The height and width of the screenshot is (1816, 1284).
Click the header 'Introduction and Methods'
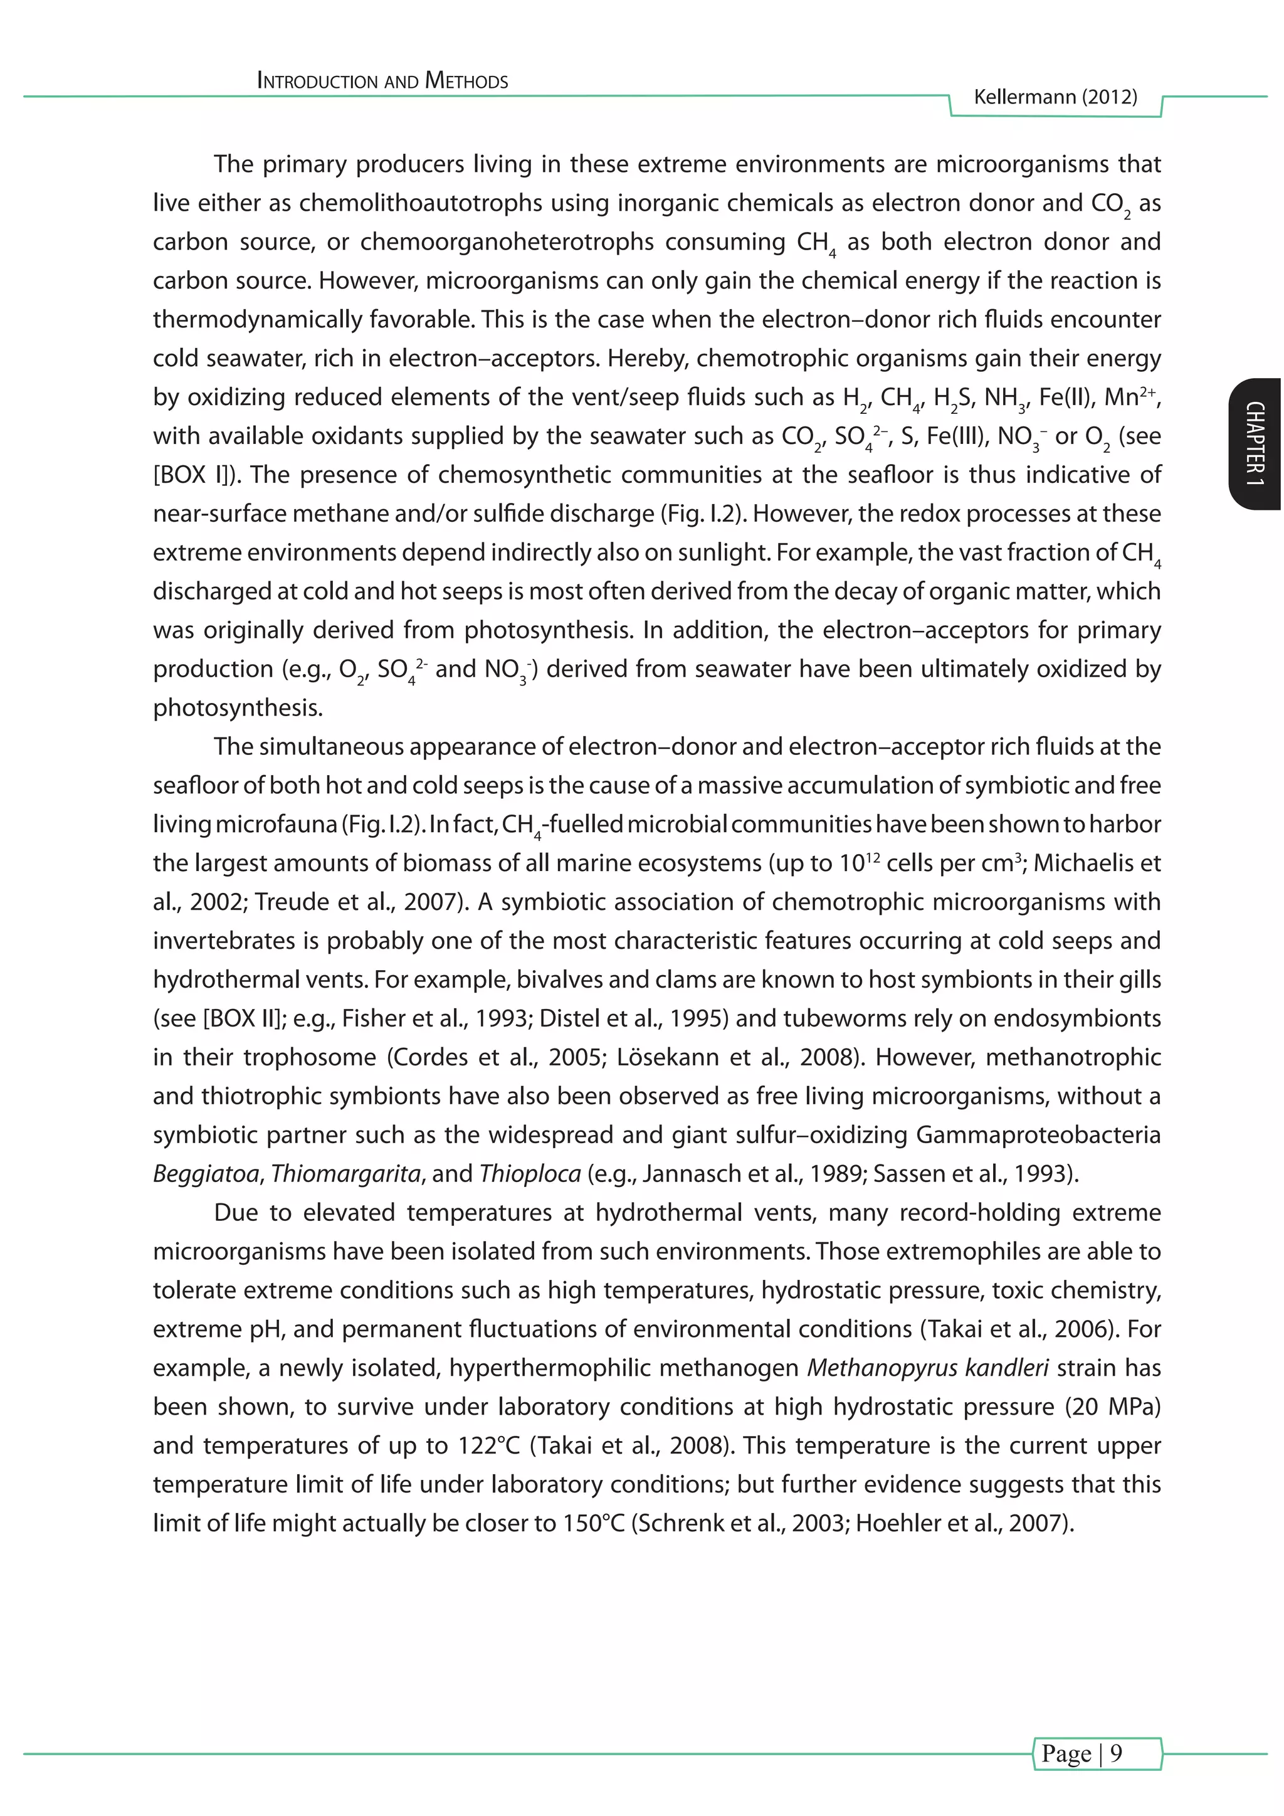382,82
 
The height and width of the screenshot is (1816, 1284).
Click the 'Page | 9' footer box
1097,1753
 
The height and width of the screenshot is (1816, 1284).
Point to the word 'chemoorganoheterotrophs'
506,242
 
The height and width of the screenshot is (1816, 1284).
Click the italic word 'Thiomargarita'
345,1174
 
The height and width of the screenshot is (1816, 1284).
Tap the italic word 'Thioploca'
530,1174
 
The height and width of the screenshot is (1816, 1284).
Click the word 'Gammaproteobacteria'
1038,1135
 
